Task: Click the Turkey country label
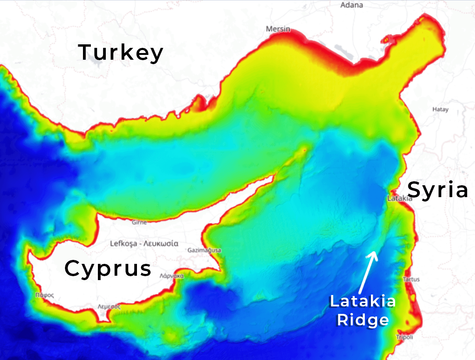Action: point(121,53)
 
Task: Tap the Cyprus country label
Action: point(108,268)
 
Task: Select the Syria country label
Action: point(437,191)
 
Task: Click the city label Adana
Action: point(352,5)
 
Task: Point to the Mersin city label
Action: point(278,29)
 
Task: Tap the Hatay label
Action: point(440,109)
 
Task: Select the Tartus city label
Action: point(411,279)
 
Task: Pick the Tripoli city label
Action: point(404,337)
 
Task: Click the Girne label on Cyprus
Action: point(140,222)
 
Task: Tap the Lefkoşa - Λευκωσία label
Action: point(144,243)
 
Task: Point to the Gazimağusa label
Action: point(204,250)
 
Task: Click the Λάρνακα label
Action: point(172,276)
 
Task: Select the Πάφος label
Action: point(45,295)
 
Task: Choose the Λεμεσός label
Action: point(109,307)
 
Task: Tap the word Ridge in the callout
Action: point(363,320)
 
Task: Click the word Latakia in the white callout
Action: point(363,302)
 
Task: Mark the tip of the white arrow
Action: point(374,252)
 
